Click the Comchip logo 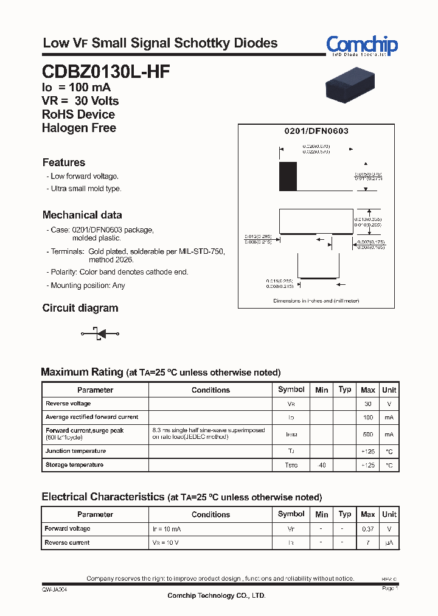coord(361,45)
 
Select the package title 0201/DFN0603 coord(316,131)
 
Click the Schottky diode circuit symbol coord(100,333)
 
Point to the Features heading coord(63,163)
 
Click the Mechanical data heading coord(82,215)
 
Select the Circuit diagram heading coord(80,308)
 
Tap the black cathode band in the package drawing coord(288,177)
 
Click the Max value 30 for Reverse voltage coord(367,404)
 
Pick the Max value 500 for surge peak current coord(367,435)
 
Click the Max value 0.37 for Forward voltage coord(367,529)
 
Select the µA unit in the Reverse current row coord(389,542)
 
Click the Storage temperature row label coord(74,465)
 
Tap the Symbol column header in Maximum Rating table coord(291,390)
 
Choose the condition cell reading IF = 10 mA coord(167,529)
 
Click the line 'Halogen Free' coord(78,128)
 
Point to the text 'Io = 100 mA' coord(76,88)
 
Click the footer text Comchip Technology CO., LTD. coord(216,595)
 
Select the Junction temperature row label coord(75,451)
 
